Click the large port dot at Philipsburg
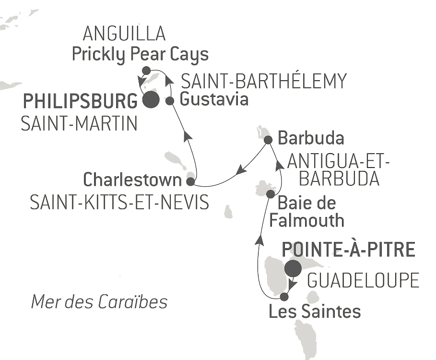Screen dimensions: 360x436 [x=150, y=100]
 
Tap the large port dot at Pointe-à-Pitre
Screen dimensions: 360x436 [x=293, y=268]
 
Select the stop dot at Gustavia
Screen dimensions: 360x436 [x=169, y=101]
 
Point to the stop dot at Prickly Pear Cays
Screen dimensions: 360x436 [x=146, y=71]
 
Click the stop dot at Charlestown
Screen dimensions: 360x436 [x=190, y=182]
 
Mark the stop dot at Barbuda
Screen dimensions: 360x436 [x=269, y=140]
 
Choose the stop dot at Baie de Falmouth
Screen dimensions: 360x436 [x=270, y=194]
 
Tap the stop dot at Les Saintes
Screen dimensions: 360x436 [x=284, y=296]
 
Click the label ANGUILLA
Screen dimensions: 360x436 [x=124, y=34]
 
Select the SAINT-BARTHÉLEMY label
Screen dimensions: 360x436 [x=263, y=81]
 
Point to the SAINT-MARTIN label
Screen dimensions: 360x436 [x=79, y=124]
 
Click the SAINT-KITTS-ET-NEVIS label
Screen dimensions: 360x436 [x=119, y=203]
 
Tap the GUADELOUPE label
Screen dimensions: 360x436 [x=363, y=281]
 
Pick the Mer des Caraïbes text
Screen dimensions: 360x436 [x=99, y=302]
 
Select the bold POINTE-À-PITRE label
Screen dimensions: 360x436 [x=348, y=250]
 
